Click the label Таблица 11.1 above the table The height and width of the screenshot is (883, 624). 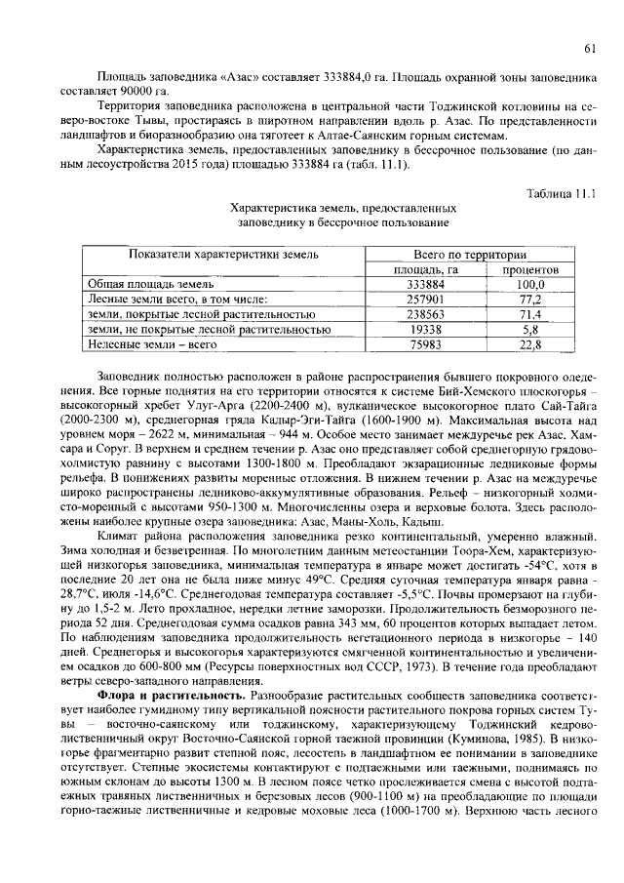pyautogui.click(x=561, y=194)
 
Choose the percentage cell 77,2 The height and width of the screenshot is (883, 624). pyautogui.click(x=529, y=300)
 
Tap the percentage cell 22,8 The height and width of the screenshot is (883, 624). pyautogui.click(x=529, y=345)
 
